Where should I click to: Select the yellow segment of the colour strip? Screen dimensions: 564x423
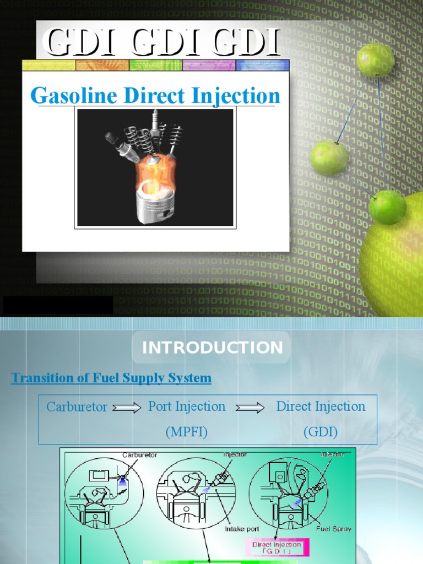[x=48, y=66]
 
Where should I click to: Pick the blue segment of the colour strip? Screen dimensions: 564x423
[x=262, y=66]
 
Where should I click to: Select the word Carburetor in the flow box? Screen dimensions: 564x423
[x=77, y=407]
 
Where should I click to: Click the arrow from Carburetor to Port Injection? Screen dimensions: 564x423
[x=127, y=408]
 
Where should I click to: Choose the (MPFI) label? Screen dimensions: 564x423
[x=186, y=432]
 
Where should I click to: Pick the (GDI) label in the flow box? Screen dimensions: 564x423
[x=321, y=432]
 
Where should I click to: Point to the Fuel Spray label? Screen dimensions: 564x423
[x=334, y=529]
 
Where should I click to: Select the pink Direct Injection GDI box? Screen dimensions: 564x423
[x=276, y=547]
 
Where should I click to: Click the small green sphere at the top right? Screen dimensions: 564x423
[x=375, y=60]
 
